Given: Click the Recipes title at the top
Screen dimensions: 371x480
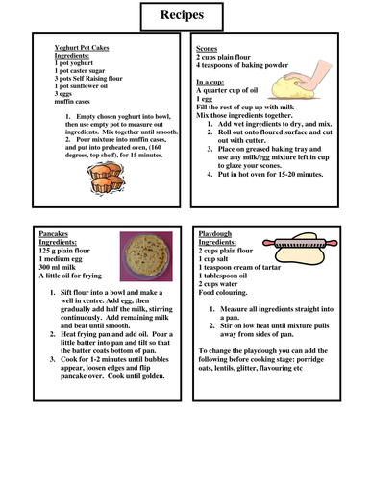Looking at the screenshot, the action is coord(185,15).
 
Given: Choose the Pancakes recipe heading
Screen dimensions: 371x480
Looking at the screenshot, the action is coord(58,233).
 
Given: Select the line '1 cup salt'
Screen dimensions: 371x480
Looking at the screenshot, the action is coord(217,259).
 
